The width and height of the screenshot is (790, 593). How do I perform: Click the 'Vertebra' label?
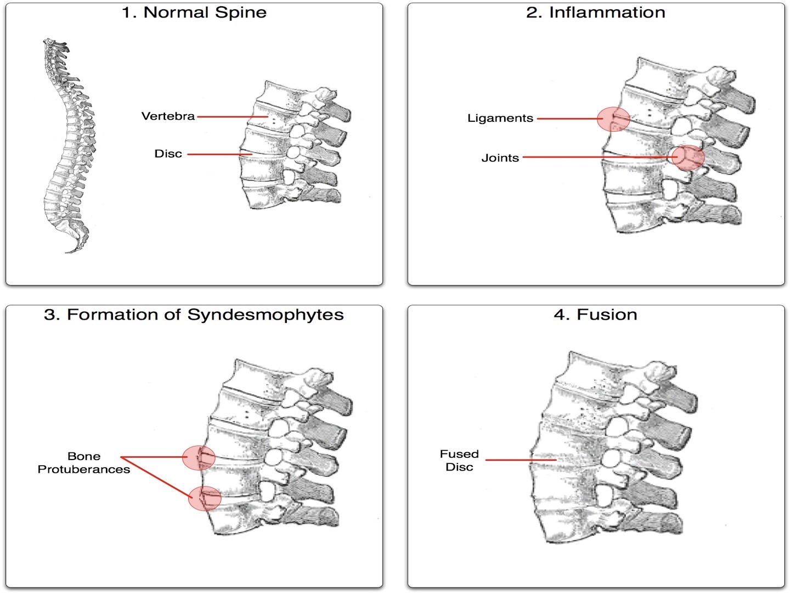click(x=168, y=116)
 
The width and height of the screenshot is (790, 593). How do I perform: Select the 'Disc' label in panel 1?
click(x=168, y=154)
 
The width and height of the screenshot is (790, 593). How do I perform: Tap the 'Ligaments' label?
click(x=500, y=118)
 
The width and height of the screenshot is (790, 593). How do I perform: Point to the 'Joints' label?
click(x=500, y=158)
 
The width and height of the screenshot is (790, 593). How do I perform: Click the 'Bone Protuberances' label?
click(x=83, y=463)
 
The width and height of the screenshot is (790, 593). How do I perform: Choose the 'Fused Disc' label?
click(x=459, y=461)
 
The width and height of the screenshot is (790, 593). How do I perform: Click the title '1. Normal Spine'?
click(x=194, y=13)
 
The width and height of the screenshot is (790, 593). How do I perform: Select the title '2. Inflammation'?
click(x=595, y=13)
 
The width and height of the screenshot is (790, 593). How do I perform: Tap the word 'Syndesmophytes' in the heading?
click(x=266, y=315)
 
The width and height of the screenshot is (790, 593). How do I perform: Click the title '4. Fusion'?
click(x=595, y=315)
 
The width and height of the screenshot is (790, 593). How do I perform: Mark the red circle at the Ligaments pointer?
click(x=613, y=119)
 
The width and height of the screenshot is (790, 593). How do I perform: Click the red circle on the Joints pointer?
click(x=689, y=158)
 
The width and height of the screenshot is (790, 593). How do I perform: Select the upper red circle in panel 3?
click(x=199, y=457)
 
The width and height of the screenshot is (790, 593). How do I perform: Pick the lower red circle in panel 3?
click(x=204, y=498)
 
